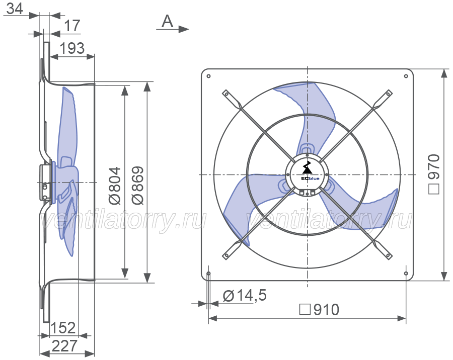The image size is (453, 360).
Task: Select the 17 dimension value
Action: coord(72,26)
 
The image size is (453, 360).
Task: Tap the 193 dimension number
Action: coord(72,48)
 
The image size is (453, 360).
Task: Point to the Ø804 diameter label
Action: coord(115,186)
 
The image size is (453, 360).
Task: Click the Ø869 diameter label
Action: coord(137,186)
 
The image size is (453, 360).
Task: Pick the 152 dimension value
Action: coord(63,328)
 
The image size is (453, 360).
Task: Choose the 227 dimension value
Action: coord(65,345)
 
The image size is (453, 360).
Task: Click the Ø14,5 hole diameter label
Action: coord(245,296)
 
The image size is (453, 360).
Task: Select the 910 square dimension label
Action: coord(319,310)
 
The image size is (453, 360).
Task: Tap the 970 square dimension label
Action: coord(434,174)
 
